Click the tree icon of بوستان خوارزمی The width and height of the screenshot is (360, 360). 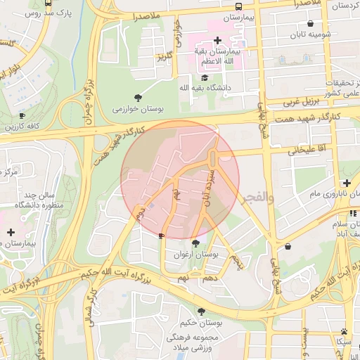coord(136,98)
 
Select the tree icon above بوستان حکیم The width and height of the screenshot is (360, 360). coord(201,311)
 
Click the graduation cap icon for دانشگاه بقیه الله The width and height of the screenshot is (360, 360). coord(205,77)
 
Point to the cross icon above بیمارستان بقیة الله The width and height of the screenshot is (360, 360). coord(217,40)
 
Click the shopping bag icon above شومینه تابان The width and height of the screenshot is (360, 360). coord(310,23)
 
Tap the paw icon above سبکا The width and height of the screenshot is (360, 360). coord(344,330)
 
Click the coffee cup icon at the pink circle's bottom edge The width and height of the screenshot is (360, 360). coord(162,236)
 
